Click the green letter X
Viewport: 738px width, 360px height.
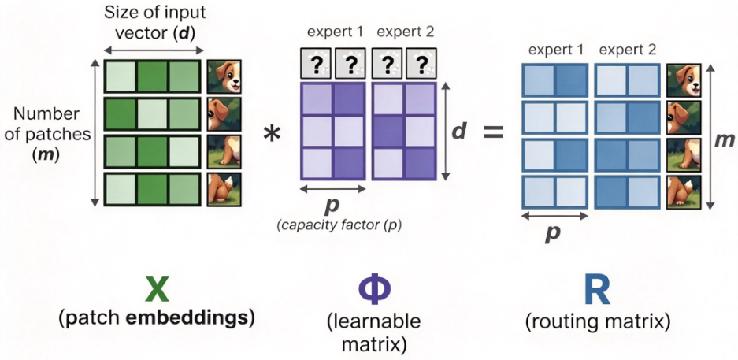pos(157,289)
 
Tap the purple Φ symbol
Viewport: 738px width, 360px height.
pos(375,290)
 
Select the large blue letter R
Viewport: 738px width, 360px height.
pos(596,290)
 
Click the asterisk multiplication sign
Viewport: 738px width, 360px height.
pos(272,135)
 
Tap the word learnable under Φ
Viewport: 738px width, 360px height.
pos(374,323)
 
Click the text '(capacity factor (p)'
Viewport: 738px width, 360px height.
pos(341,225)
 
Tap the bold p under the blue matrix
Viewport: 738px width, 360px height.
pos(554,233)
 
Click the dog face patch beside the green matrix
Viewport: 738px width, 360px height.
pos(224,76)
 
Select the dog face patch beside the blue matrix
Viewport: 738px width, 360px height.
pos(684,80)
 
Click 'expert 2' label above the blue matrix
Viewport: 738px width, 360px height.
pos(628,50)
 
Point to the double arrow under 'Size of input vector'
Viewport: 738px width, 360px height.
pos(154,50)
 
